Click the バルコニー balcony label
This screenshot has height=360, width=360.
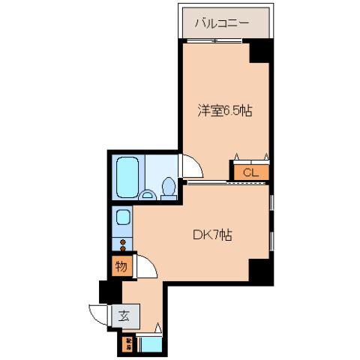coord(223,22)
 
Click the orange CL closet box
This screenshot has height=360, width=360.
coord(250,172)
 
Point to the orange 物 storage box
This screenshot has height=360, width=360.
coord(121,265)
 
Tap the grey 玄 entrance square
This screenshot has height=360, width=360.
coord(123,316)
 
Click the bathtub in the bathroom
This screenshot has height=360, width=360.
coord(128,178)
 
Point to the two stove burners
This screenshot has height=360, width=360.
coord(121,244)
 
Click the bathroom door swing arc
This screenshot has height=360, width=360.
coord(190,166)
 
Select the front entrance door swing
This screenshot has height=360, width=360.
coord(98,315)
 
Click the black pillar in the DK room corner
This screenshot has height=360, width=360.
coord(259,271)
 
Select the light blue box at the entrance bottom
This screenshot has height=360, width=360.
coord(150,345)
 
